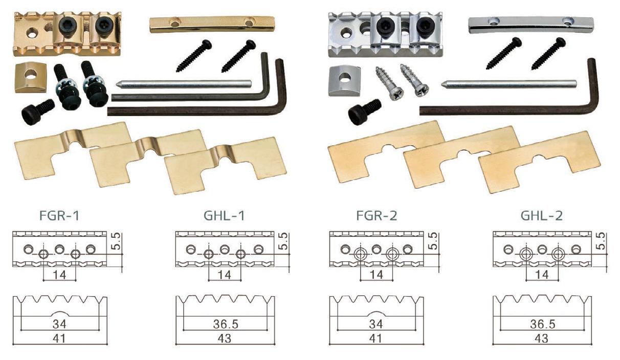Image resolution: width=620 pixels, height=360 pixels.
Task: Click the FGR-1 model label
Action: [59, 216]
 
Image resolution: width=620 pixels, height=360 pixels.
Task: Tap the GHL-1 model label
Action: [224, 216]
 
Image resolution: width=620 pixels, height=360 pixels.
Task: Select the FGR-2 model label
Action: [377, 216]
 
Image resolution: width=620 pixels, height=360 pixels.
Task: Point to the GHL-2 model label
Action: [542, 216]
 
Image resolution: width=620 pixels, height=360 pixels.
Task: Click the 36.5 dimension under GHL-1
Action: [226, 324]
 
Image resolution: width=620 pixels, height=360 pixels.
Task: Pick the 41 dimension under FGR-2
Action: [375, 339]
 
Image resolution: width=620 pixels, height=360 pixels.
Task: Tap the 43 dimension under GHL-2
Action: [541, 339]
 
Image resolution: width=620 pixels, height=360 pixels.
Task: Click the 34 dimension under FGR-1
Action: [59, 324]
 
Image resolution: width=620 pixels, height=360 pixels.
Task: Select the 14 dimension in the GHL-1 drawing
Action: [224, 275]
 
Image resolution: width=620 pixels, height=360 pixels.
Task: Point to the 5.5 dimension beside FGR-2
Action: [434, 241]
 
